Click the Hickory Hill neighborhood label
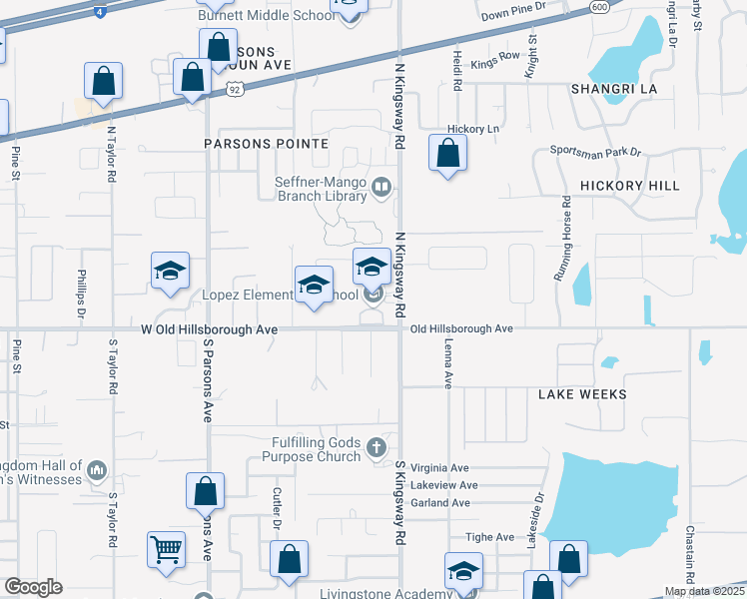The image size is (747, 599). point(629,186)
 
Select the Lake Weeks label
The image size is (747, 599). point(582,394)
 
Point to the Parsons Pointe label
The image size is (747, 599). point(266,144)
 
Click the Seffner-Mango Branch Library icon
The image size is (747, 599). point(381,187)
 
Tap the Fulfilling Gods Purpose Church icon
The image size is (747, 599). point(376,447)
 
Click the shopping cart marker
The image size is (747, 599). point(166,548)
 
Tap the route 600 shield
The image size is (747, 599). point(599,6)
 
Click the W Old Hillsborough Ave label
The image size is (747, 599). point(209,328)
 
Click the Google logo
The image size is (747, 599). point(33,587)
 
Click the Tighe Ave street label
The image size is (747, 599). point(493,537)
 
